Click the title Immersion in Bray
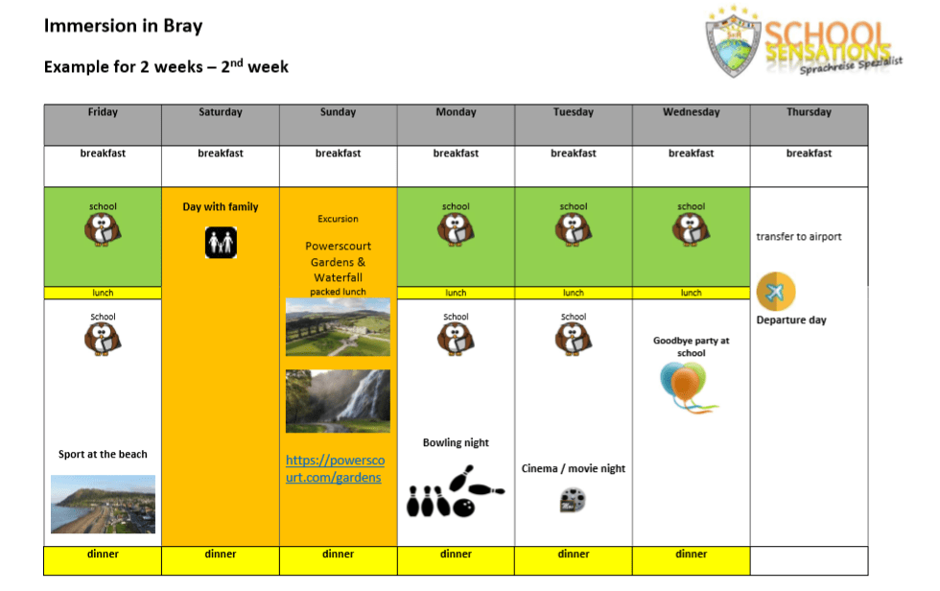123,26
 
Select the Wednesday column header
691,112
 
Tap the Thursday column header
809,112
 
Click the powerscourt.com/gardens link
334,468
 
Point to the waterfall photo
338,401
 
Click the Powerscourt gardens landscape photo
338,326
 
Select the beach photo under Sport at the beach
103,504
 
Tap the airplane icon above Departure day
775,292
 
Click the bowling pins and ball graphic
455,491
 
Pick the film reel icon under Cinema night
573,500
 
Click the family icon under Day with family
221,243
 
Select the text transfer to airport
798,237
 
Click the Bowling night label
456,443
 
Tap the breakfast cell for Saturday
221,154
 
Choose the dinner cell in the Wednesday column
691,554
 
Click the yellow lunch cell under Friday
103,293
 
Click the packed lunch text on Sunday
338,292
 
